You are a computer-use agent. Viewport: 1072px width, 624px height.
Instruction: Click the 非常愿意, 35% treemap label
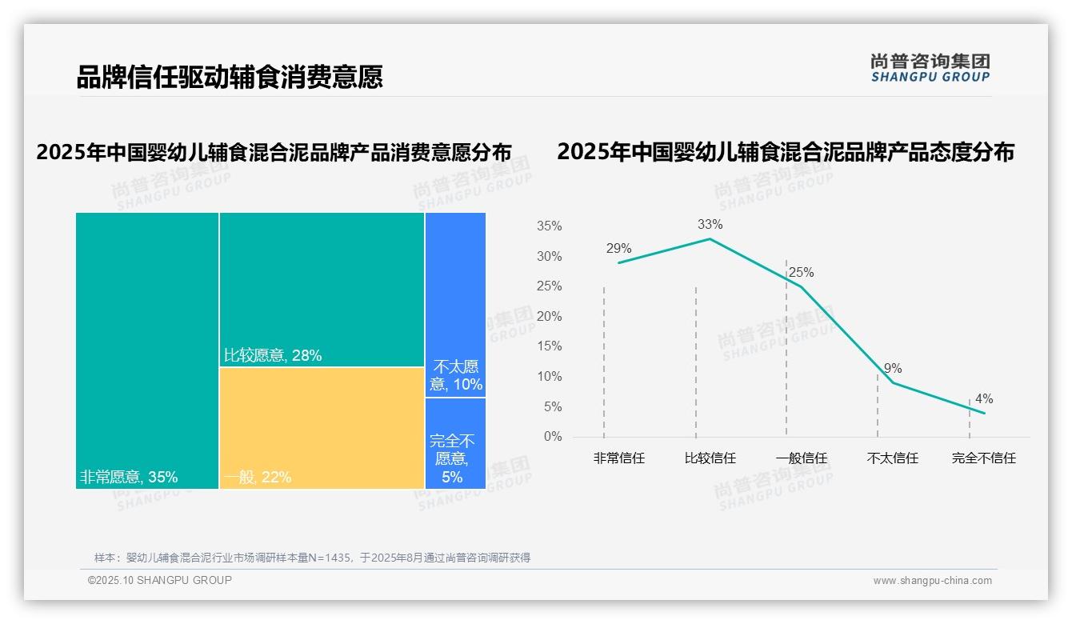click(x=129, y=478)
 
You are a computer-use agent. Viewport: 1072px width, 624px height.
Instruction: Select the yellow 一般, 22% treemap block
click(x=322, y=427)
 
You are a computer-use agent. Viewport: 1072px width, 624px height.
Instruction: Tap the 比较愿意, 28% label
click(x=272, y=356)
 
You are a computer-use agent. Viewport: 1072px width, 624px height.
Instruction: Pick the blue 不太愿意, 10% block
click(x=455, y=304)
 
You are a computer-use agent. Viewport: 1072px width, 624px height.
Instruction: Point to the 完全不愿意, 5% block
click(x=455, y=443)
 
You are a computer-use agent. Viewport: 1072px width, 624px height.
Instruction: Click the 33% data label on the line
click(x=710, y=225)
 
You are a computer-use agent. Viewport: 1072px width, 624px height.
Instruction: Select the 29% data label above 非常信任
click(x=618, y=249)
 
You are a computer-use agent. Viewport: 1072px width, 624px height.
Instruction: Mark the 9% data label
click(x=893, y=369)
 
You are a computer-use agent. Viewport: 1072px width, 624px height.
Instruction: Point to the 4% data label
click(x=984, y=399)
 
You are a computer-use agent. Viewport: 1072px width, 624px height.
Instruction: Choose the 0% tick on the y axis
click(x=552, y=437)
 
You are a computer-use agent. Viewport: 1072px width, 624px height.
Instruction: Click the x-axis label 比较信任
click(x=710, y=458)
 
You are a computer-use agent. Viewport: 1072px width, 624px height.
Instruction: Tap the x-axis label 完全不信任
click(x=983, y=458)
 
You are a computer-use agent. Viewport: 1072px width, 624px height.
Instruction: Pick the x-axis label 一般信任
click(x=801, y=458)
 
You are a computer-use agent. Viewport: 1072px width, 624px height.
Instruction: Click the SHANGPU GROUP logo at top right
click(x=930, y=68)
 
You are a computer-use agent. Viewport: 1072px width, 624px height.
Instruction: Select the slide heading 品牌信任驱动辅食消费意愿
click(x=230, y=77)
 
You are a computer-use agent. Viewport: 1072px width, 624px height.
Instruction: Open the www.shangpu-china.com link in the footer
click(x=932, y=581)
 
